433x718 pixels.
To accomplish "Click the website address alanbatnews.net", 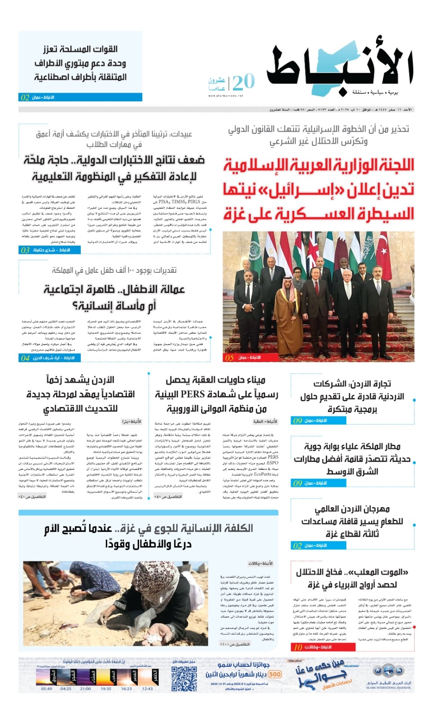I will point(226,96).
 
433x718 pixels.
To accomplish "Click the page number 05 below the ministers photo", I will point(230,358).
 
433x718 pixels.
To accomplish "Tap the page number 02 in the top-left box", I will point(25,97).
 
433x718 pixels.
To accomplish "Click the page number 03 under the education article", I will point(25,250).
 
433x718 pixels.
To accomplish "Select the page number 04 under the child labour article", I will point(25,358).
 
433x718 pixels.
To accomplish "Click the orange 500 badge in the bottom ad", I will point(275,674).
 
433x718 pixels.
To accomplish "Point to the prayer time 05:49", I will point(47,689).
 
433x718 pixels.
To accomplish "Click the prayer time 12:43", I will point(148,689).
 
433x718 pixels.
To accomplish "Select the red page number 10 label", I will point(298,647).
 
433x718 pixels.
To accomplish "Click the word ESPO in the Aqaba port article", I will point(272,463).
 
